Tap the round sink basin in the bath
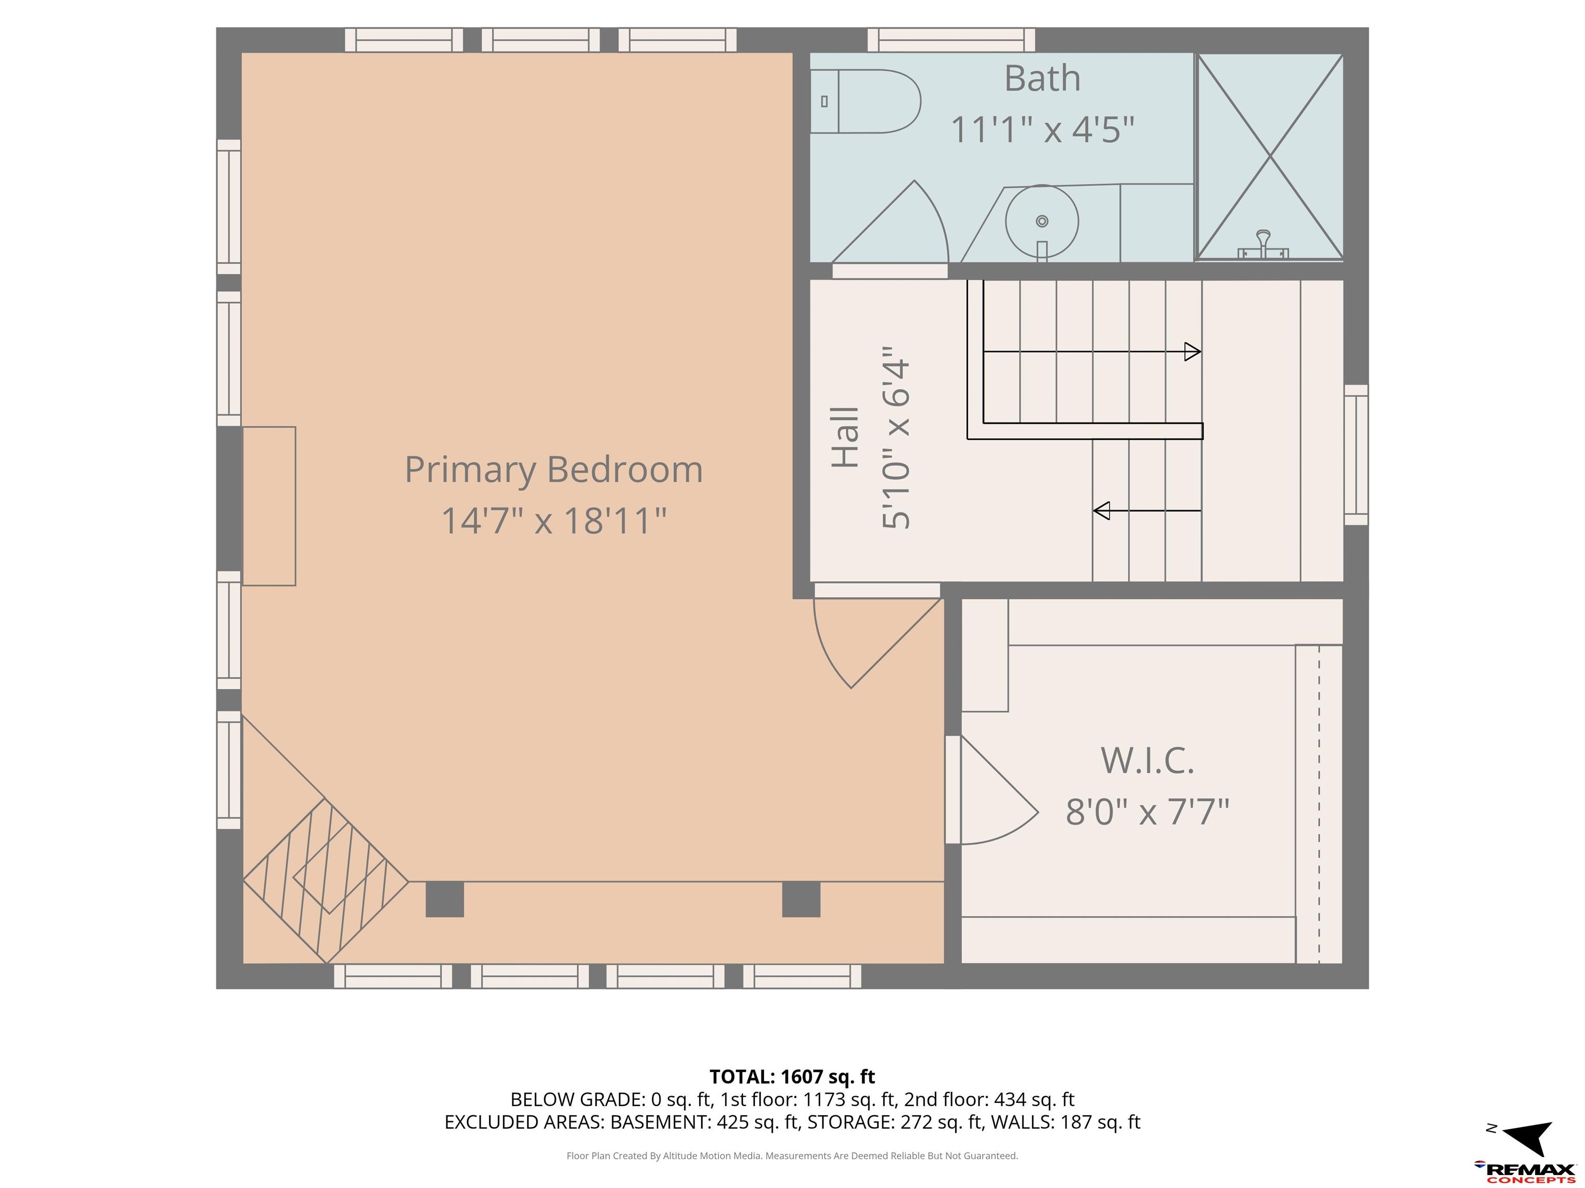point(1042,221)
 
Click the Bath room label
point(1042,78)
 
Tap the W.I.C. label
point(1147,760)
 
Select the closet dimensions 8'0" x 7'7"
point(1147,812)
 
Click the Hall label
point(845,438)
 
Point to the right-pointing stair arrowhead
point(1192,352)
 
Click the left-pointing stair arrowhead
point(1102,510)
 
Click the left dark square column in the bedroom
point(444,899)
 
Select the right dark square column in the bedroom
point(800,899)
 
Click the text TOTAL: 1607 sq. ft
point(792,1077)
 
